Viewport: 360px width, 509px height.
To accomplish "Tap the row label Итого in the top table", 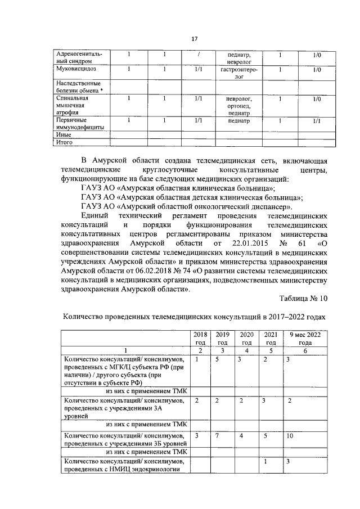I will pos(66,142).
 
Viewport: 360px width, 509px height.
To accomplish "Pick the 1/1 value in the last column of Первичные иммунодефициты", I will pos(317,120).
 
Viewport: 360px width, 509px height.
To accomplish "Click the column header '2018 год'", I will pos(199,338).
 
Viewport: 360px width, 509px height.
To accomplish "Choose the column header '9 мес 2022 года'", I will pos(305,338).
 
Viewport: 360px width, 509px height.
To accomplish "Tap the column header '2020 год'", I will pos(246,338).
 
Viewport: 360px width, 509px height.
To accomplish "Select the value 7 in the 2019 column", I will pos(217,436).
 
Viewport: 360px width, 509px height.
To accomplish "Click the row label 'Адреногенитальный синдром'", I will pos(78,57).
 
